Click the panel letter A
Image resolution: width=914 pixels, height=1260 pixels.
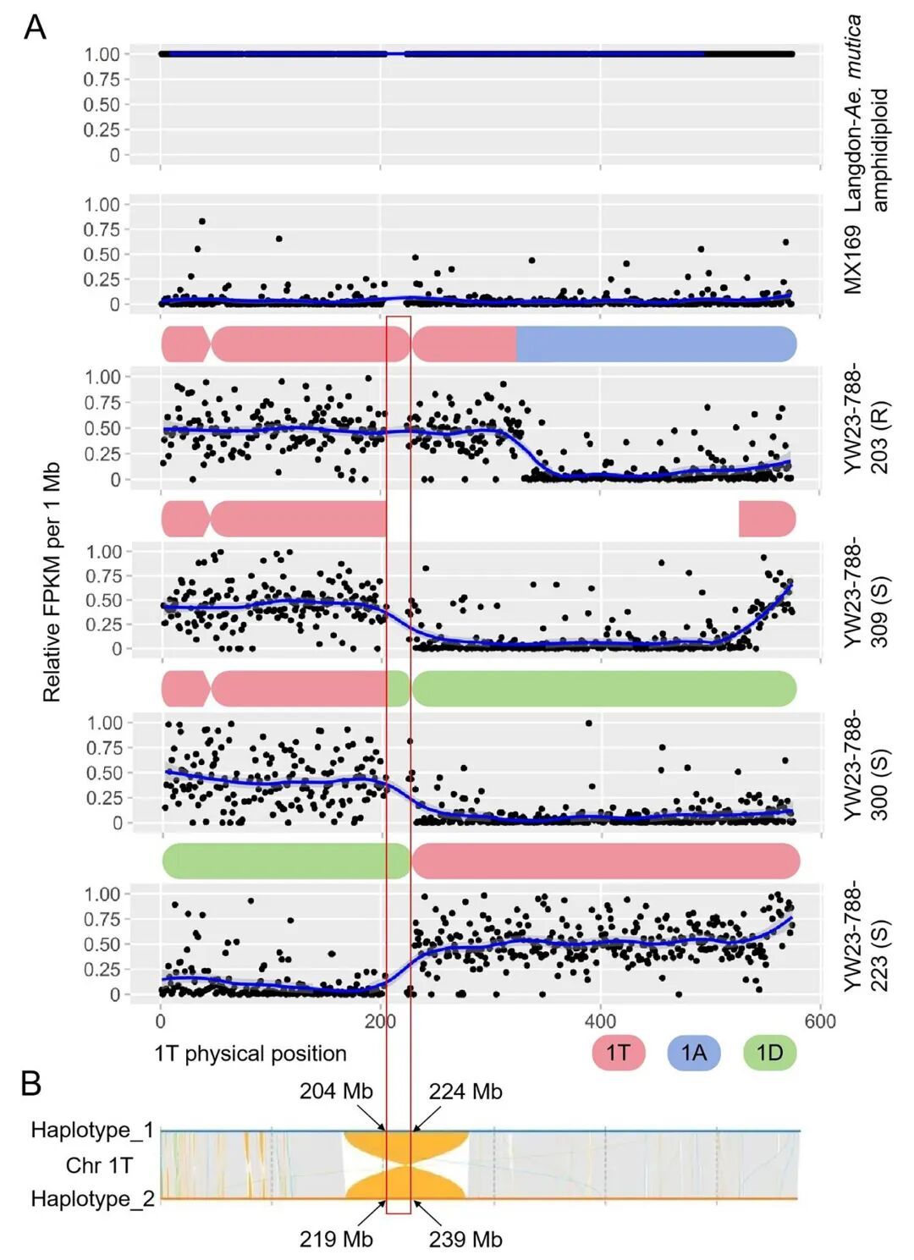click(35, 27)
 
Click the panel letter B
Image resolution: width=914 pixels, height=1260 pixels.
click(31, 1083)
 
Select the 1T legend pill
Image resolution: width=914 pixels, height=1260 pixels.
click(619, 1053)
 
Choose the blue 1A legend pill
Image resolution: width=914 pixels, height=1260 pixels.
click(693, 1053)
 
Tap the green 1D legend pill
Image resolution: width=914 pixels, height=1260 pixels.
click(769, 1053)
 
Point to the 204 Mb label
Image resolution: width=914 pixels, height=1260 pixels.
click(336, 1092)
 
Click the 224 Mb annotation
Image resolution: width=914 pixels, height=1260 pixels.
click(465, 1092)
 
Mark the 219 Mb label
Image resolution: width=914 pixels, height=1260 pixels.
click(336, 1239)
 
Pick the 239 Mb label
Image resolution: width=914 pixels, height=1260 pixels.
click(465, 1239)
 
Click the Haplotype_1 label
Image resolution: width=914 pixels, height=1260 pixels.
click(92, 1130)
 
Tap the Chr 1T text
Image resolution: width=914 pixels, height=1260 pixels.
click(99, 1165)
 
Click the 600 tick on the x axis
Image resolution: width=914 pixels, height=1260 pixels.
click(820, 1021)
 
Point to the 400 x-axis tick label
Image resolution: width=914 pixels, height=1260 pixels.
click(600, 1021)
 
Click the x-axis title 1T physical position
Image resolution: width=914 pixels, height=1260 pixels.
click(251, 1054)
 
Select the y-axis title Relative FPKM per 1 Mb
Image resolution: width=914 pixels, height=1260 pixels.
click(52, 582)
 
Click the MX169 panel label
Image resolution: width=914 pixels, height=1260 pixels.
click(852, 260)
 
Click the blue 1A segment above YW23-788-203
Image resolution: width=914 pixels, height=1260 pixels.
click(656, 344)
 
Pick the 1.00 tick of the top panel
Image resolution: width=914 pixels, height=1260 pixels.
click(102, 54)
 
